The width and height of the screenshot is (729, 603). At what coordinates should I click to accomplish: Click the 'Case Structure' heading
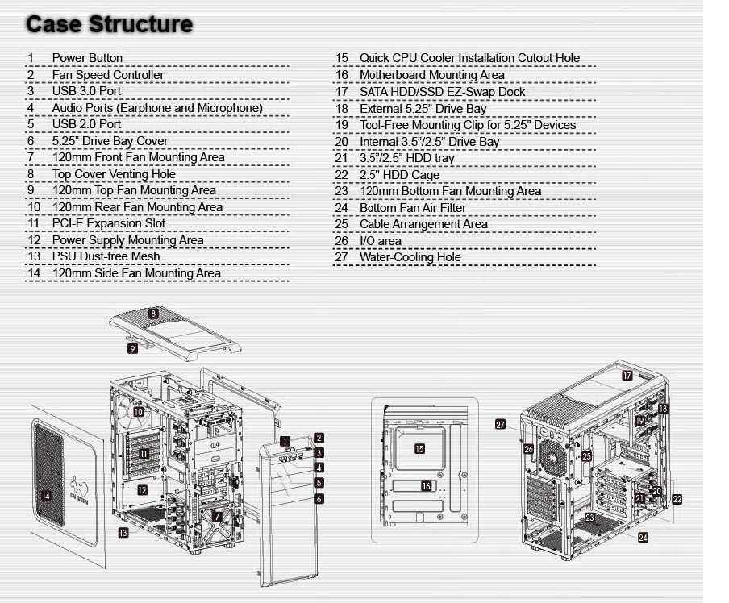(109, 24)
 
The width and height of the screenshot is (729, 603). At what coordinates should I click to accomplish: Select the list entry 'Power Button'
(87, 58)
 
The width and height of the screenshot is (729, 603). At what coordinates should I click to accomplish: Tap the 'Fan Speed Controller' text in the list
(108, 75)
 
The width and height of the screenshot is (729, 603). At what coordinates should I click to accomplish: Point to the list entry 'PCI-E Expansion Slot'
(109, 223)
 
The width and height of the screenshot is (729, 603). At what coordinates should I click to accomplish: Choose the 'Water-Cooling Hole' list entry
(410, 257)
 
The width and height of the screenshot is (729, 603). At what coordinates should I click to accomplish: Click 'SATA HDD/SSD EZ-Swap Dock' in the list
(443, 92)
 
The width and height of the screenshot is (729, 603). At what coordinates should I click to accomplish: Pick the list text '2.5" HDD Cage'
(400, 175)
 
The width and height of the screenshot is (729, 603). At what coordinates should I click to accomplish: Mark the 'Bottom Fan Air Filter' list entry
(413, 208)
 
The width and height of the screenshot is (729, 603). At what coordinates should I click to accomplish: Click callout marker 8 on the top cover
(153, 313)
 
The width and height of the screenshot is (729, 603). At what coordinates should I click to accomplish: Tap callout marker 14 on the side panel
(46, 497)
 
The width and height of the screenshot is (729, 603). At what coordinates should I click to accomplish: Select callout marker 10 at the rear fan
(138, 412)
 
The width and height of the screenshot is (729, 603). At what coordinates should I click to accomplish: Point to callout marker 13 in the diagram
(123, 533)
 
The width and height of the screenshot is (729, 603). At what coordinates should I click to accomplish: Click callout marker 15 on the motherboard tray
(419, 448)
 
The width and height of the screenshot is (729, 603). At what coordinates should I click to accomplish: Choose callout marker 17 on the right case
(627, 376)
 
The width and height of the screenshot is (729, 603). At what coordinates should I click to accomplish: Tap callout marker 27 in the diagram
(501, 425)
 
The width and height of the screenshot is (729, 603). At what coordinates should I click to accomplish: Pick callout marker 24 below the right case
(644, 538)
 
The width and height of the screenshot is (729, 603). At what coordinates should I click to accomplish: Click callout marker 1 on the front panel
(285, 441)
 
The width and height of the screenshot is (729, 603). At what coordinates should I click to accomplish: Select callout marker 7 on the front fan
(217, 516)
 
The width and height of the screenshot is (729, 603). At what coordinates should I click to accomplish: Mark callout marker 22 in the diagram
(677, 500)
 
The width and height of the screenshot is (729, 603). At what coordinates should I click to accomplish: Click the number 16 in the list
(342, 75)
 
